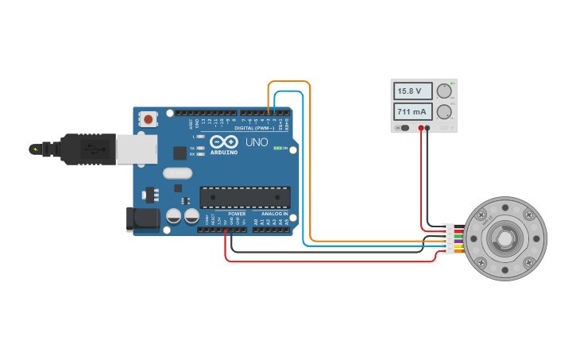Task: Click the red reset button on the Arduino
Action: (148, 119)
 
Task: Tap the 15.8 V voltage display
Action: (413, 91)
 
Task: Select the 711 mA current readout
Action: (413, 111)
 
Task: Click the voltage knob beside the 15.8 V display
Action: (444, 91)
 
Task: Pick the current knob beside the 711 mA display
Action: (444, 111)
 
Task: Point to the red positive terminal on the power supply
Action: (421, 127)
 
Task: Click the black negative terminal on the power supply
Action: (428, 127)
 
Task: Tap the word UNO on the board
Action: (257, 142)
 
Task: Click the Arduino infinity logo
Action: (224, 141)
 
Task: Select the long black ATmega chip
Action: (245, 197)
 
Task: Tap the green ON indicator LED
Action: (276, 148)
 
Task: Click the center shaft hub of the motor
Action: (505, 238)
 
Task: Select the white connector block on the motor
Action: (450, 238)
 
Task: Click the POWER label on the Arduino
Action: (237, 214)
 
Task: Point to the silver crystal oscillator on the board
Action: (178, 172)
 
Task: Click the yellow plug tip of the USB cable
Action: (34, 149)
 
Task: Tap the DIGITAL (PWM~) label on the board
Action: (254, 128)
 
